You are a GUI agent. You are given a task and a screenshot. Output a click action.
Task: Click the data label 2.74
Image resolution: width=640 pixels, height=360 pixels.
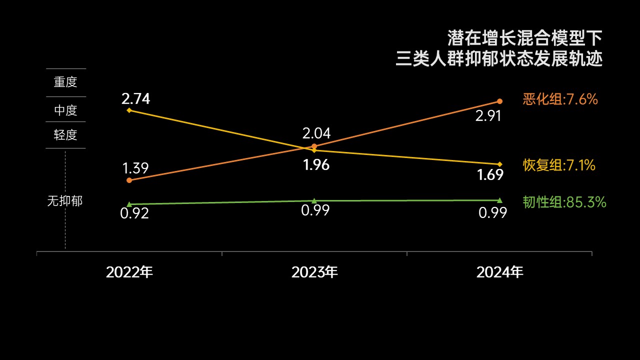(x=135, y=99)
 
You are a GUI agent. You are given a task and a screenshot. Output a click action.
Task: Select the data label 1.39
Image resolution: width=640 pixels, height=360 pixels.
(x=135, y=168)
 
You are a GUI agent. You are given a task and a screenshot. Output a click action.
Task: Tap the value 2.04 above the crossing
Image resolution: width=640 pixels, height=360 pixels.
(x=316, y=133)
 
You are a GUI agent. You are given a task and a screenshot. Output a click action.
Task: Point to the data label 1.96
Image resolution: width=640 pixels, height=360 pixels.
(x=316, y=165)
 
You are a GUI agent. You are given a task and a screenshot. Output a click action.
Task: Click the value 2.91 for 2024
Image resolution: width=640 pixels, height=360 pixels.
(x=488, y=116)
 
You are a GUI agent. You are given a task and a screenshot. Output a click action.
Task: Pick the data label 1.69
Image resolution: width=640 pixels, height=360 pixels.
(x=490, y=175)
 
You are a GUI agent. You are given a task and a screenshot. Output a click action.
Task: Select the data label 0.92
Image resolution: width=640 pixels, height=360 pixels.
(x=134, y=214)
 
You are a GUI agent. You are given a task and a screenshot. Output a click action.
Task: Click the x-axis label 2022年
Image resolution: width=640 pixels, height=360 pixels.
(x=129, y=272)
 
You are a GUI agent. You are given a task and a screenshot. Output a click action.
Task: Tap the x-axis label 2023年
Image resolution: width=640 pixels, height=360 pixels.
(x=314, y=272)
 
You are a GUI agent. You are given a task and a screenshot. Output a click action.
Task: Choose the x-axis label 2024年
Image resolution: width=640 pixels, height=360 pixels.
(x=499, y=272)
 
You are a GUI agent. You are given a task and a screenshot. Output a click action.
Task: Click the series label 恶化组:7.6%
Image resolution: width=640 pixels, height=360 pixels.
(x=560, y=99)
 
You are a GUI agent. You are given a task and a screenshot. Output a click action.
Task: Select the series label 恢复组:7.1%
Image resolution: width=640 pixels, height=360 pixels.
(x=559, y=165)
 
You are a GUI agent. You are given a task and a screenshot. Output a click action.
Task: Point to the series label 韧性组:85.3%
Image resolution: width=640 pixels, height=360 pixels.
(x=564, y=202)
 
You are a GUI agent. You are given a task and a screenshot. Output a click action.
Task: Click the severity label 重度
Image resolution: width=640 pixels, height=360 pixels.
(x=65, y=82)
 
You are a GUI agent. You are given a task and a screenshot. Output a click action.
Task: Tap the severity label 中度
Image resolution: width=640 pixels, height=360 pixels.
(x=65, y=110)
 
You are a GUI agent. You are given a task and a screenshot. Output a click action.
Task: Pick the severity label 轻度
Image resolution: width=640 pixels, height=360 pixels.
(x=65, y=135)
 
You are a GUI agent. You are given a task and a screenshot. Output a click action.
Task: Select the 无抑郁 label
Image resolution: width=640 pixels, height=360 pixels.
(x=65, y=201)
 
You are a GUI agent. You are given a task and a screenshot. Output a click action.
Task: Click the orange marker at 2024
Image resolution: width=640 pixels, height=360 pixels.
(x=499, y=101)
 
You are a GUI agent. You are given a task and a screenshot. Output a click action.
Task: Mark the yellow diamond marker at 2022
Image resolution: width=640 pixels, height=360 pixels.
(x=129, y=110)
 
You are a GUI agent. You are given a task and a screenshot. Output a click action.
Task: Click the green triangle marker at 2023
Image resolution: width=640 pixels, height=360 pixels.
(x=314, y=201)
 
